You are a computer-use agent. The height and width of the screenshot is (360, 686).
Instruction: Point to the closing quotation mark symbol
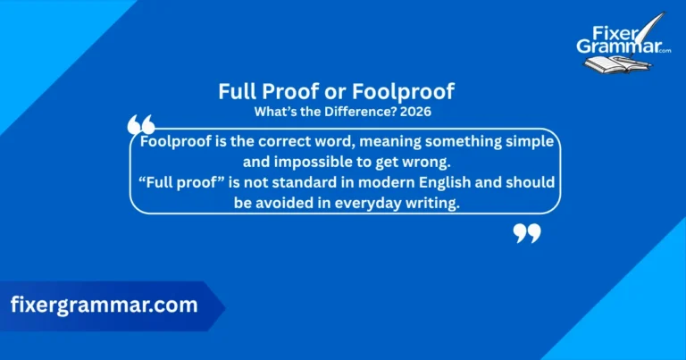(527, 234)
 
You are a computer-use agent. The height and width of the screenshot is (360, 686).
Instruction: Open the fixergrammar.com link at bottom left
(104, 305)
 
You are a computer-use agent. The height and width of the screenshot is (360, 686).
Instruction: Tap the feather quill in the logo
(657, 22)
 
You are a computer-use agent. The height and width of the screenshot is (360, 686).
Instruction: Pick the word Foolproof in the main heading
(413, 92)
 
